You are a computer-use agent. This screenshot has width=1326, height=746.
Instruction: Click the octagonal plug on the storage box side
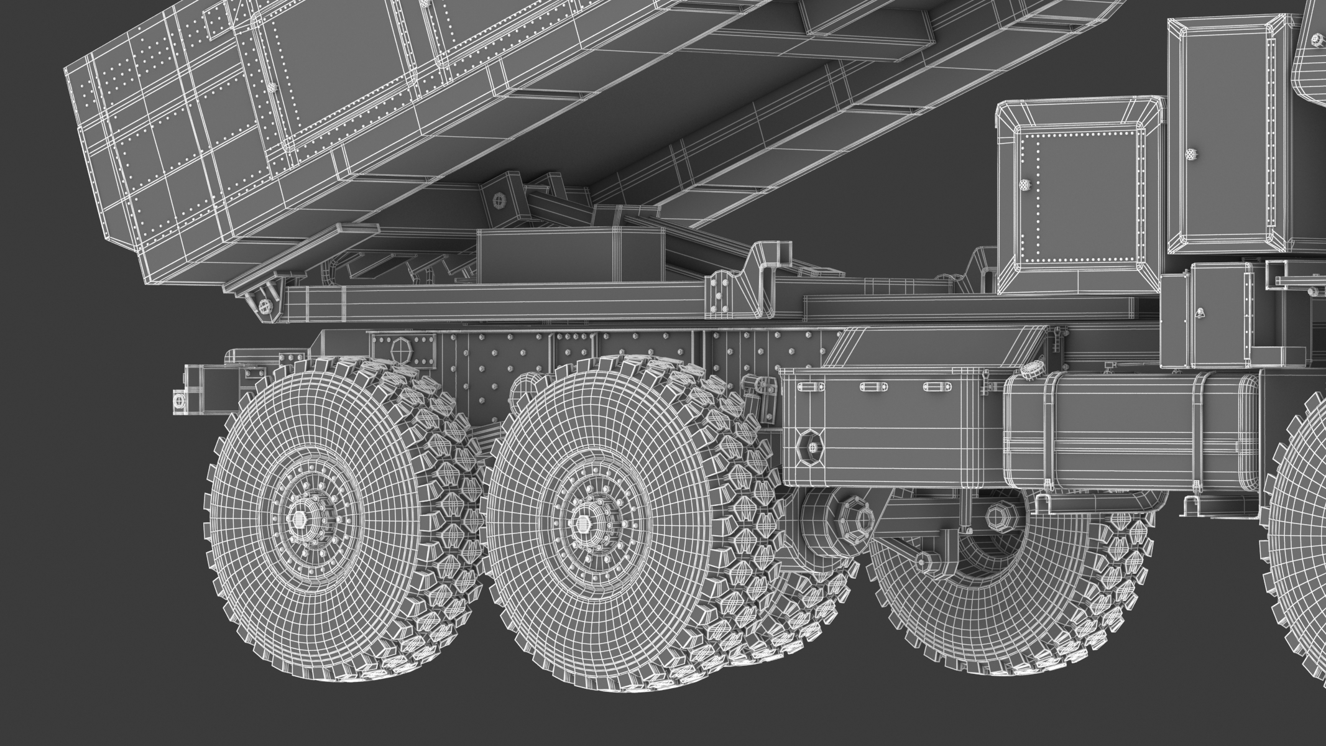click(812, 446)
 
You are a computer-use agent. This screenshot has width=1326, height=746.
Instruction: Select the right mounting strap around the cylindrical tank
click(1203, 435)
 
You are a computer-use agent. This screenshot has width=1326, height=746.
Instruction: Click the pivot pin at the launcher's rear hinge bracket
click(265, 305)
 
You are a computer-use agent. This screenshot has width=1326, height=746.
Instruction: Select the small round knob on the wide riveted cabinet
click(1023, 185)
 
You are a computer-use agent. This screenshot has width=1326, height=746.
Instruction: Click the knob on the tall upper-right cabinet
click(1190, 153)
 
